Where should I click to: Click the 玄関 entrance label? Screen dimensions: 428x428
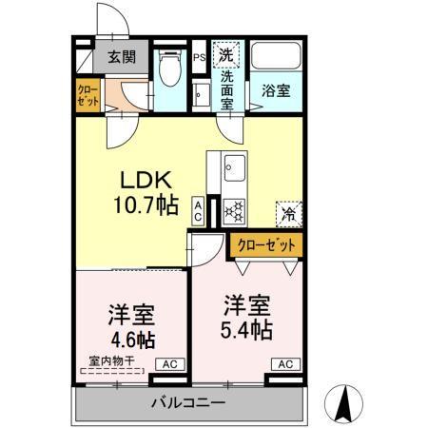coord(121,57)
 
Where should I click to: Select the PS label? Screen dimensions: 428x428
coord(199,57)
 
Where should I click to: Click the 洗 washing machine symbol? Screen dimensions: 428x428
coord(227,53)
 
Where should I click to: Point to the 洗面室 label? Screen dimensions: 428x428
coord(228,89)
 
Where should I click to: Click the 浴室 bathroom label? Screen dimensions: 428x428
coord(275,91)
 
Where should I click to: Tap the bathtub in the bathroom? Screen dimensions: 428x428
coord(276,58)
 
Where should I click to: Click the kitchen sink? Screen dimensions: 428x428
coord(235,172)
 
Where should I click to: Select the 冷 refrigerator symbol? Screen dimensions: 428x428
coord(285,213)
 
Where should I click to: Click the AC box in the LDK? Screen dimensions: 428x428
coord(197,209)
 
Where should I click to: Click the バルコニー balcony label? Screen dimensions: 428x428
coord(187,403)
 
